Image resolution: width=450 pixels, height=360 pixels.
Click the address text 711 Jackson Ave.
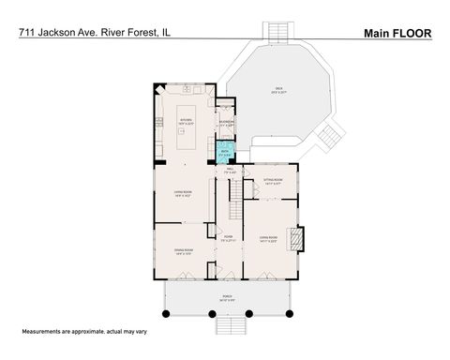(56, 32)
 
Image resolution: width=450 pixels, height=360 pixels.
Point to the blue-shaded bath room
(225, 152)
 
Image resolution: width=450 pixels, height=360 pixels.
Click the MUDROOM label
(226, 122)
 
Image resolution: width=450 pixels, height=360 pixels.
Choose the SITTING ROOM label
(274, 180)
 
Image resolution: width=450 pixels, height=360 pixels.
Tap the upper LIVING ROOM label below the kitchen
(183, 194)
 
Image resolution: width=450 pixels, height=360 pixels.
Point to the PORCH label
(227, 298)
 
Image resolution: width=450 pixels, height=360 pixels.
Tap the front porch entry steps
(230, 326)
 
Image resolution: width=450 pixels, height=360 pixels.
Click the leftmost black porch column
(165, 312)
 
